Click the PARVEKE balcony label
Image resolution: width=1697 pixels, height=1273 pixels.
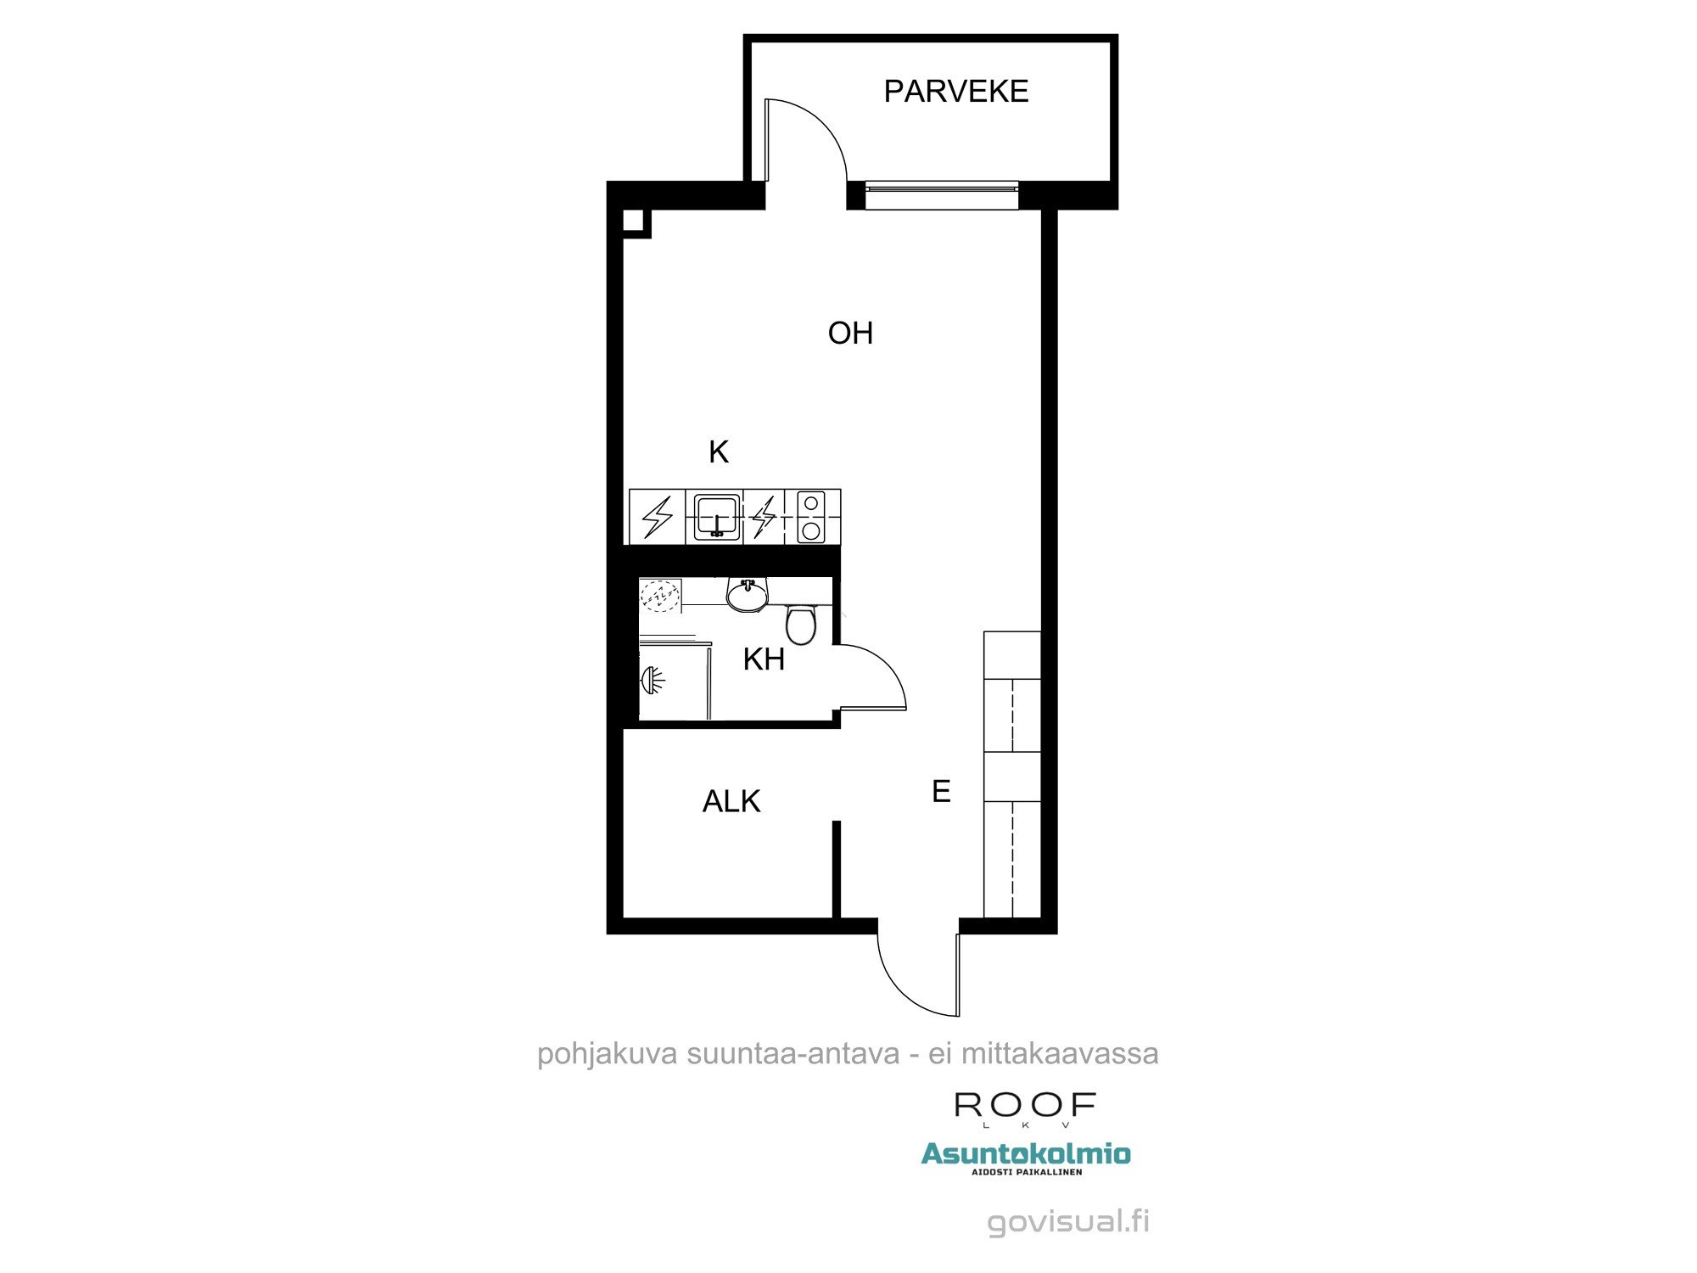[x=956, y=91]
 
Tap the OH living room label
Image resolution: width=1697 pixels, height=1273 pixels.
[x=850, y=333]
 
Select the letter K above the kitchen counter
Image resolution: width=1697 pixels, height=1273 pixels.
[x=719, y=452]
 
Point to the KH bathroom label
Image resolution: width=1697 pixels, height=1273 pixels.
[x=764, y=659]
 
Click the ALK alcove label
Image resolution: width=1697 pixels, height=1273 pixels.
[x=731, y=801]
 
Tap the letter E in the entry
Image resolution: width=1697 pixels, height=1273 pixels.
[x=941, y=791]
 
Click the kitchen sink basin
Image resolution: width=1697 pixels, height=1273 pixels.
[x=714, y=516]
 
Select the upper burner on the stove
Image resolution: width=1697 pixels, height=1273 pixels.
[x=811, y=504]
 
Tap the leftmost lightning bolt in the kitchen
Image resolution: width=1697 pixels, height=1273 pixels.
[x=658, y=517]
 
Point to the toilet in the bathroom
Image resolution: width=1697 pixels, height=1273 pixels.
[x=801, y=624]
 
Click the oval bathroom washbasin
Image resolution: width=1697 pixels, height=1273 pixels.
[x=747, y=595]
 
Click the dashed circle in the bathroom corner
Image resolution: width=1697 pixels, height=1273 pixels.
[x=660, y=597]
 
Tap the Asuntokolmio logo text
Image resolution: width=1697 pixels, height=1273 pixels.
[x=1026, y=1154]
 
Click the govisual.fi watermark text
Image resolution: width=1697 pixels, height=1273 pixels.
[x=1069, y=1222]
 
